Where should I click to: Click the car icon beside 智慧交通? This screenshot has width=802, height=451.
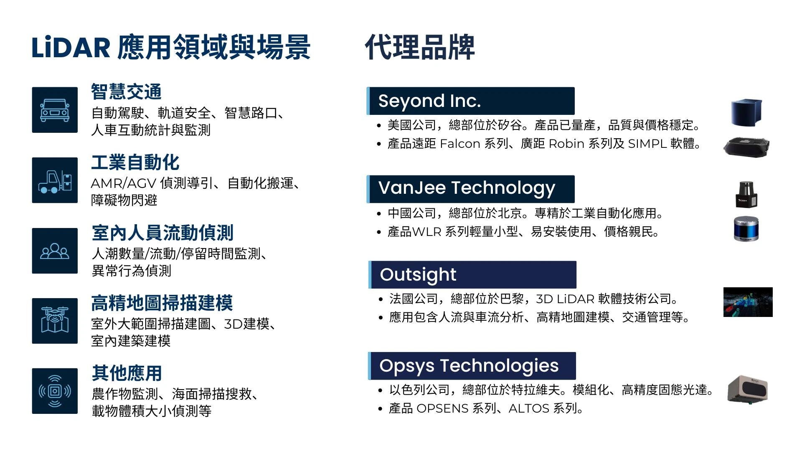point(55,110)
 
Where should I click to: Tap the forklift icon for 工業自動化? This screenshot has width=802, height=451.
point(55,180)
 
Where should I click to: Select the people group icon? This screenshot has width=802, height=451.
point(55,251)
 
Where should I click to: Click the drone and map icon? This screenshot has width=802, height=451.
point(55,321)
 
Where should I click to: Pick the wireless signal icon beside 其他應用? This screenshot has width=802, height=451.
point(55,391)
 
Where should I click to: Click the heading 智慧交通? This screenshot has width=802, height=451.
point(126,92)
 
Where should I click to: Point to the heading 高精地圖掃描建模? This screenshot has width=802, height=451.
point(162,303)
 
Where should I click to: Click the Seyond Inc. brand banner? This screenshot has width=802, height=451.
point(470,101)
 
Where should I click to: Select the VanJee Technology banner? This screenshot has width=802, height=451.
point(470,189)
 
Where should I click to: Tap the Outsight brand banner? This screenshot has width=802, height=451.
point(472,275)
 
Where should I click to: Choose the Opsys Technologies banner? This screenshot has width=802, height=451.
point(472,366)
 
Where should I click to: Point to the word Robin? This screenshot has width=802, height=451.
point(566,144)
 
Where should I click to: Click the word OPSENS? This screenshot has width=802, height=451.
point(442,408)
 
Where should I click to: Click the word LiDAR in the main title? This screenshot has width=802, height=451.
point(71,47)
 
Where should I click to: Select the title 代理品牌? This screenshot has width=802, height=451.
point(420,47)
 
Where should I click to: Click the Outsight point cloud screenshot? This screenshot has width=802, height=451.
point(748,302)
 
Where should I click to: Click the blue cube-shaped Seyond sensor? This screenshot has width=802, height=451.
point(746,112)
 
